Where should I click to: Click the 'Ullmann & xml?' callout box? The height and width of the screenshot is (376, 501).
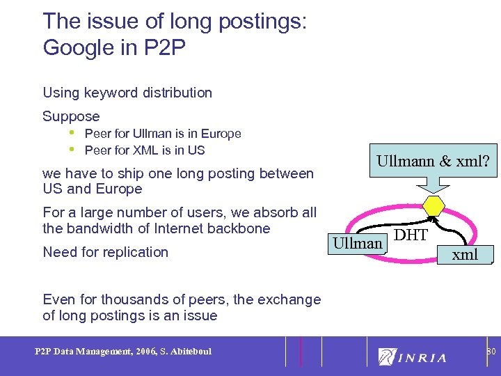pyautogui.click(x=433, y=162)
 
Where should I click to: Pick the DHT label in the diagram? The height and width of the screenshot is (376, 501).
pyautogui.click(x=411, y=235)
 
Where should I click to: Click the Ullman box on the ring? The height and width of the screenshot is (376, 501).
pyautogui.click(x=358, y=243)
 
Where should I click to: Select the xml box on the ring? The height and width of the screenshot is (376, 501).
pyautogui.click(x=465, y=255)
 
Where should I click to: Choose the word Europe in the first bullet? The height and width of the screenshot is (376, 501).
pyautogui.click(x=219, y=134)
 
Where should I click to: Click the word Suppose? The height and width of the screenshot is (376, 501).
pyautogui.click(x=71, y=116)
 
